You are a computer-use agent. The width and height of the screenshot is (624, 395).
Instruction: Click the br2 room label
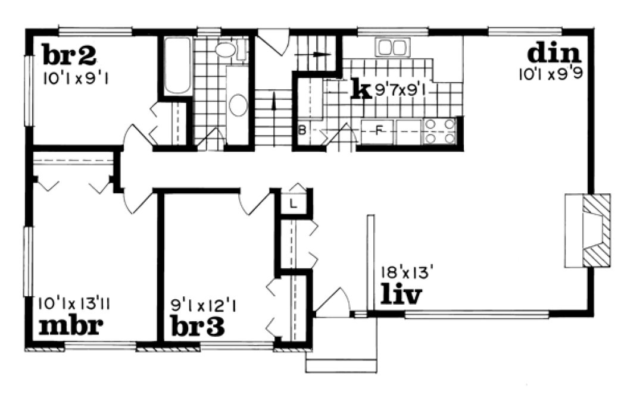point(70,56)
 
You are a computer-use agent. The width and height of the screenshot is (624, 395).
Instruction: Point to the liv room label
point(401,294)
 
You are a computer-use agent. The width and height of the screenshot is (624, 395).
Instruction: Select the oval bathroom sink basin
point(238,105)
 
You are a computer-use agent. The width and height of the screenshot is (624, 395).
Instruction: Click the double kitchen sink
point(391,47)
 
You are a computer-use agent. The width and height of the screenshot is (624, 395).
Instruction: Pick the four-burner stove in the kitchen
point(439,131)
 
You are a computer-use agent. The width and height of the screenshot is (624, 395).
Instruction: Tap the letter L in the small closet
point(294,202)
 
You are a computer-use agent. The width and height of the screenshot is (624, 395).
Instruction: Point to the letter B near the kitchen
point(302,131)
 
